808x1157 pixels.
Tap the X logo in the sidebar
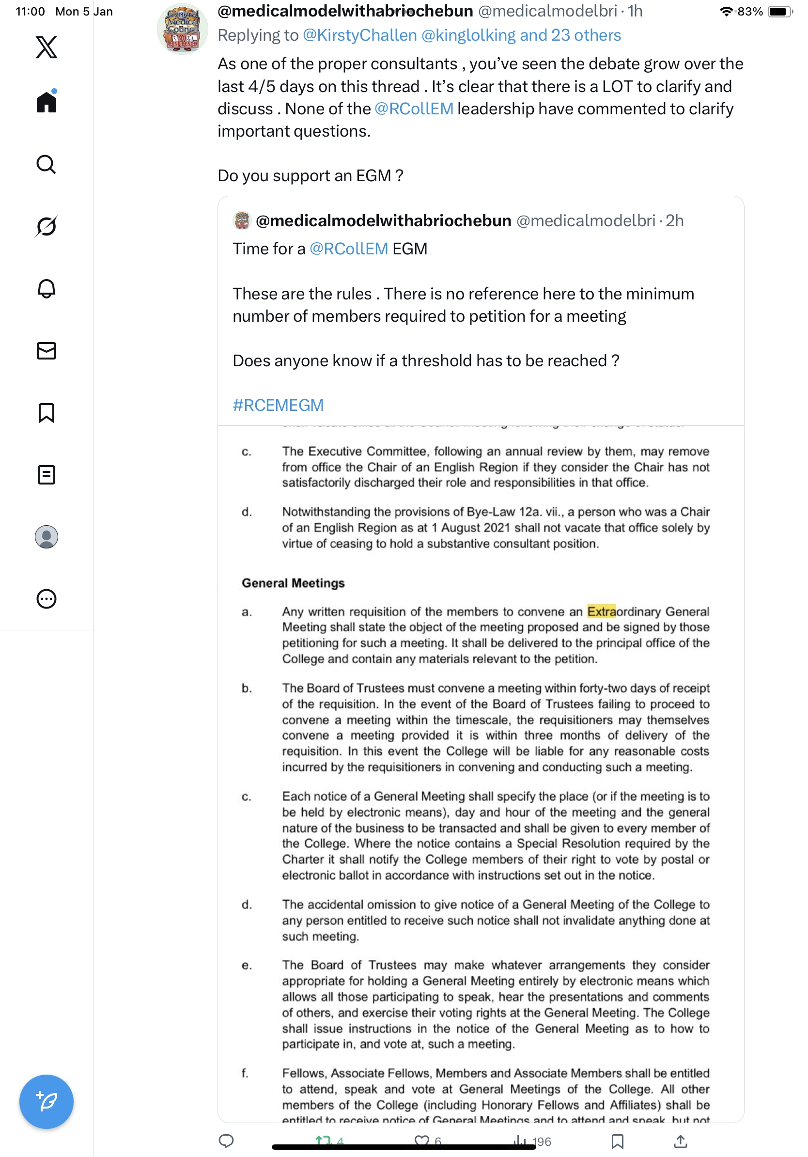point(47,47)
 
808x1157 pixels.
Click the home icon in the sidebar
point(47,102)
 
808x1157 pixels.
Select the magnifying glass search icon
point(47,164)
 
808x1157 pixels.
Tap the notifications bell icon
point(47,289)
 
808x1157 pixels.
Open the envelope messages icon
point(47,351)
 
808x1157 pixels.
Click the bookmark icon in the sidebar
point(47,413)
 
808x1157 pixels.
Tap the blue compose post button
point(47,1102)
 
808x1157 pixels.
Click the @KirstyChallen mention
point(359,35)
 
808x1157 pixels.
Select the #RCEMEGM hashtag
point(278,405)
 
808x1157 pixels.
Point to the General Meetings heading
point(293,583)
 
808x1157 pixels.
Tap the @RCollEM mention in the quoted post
point(349,249)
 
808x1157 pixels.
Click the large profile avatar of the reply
point(182,30)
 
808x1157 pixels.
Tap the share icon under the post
point(680,1141)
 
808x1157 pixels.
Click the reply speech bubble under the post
point(226,1141)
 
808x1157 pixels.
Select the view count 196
point(541,1142)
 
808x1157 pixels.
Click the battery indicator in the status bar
point(779,12)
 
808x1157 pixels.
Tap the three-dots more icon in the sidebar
point(47,599)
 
